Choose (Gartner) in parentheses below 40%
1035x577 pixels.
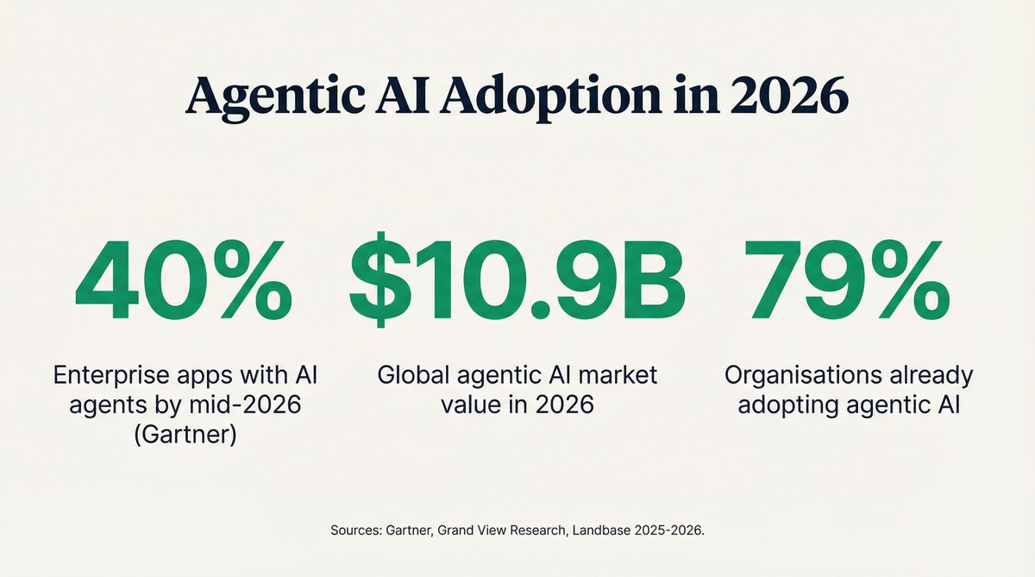tap(184, 431)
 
